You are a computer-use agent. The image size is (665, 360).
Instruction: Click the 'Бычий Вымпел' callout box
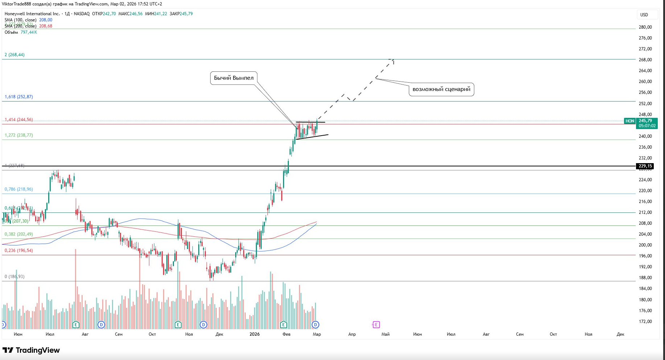(x=234, y=78)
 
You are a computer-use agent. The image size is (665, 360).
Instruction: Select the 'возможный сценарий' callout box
(x=441, y=89)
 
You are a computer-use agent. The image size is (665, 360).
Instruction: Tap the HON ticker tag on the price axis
(x=630, y=121)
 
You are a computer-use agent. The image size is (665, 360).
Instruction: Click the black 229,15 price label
(x=645, y=166)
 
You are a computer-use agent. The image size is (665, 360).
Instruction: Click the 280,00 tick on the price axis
(x=645, y=27)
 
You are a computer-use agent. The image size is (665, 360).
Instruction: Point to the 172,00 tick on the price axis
(x=645, y=322)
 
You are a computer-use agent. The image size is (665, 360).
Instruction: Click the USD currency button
(x=644, y=15)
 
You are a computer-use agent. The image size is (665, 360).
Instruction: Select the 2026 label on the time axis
(x=254, y=334)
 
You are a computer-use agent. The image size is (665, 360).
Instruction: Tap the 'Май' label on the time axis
(x=385, y=334)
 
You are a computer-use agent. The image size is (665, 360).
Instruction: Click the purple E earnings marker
(x=376, y=324)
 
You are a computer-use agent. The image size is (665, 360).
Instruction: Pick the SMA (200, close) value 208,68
(x=46, y=26)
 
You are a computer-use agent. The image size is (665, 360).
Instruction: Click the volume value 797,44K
(x=29, y=32)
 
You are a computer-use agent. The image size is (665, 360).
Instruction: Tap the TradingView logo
(x=31, y=350)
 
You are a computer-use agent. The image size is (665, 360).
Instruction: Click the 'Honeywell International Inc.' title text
(x=32, y=14)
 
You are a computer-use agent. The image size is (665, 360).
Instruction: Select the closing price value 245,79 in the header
(x=186, y=14)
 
